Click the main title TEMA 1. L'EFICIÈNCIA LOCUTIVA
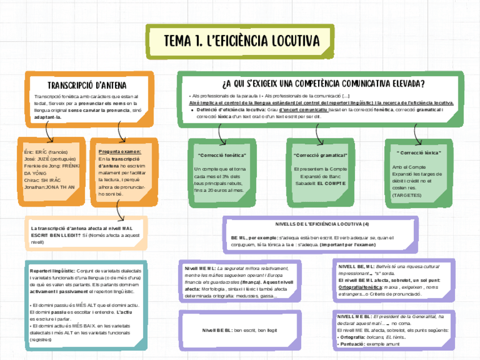point(241,41)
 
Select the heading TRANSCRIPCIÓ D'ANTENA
point(87,85)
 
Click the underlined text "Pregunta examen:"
point(119,152)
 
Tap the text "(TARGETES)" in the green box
point(406,195)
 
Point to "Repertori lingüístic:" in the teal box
point(52,271)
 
